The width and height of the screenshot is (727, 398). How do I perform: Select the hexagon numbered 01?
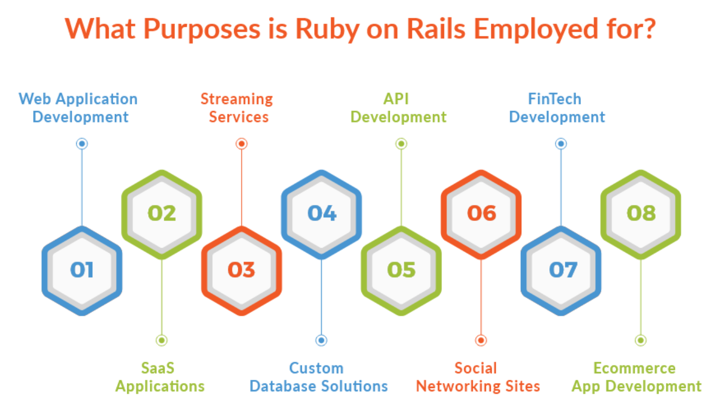point(82,270)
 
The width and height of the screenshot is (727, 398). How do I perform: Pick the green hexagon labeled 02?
point(162,213)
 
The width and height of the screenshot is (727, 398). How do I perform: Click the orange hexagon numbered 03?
point(242,270)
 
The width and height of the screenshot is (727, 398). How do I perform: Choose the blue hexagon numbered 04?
point(322,213)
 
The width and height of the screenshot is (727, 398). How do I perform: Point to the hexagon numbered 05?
point(401,270)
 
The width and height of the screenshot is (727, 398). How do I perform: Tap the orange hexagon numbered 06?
point(481,213)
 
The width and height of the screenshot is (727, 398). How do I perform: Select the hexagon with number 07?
point(561,270)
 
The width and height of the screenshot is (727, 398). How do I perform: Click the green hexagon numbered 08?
point(641,213)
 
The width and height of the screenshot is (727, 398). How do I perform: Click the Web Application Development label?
point(79,108)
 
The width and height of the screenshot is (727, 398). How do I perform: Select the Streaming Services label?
point(237,108)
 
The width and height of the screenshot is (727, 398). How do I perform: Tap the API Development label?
point(398,108)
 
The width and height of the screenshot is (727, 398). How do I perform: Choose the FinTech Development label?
point(557,108)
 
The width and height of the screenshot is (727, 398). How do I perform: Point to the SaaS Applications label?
point(160,377)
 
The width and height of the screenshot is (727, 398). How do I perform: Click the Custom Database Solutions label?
point(318,377)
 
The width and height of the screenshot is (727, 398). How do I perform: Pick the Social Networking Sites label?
point(478,377)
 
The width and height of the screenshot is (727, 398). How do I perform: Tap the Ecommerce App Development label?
point(636,377)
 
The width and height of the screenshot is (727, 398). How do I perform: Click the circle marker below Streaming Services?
point(242,144)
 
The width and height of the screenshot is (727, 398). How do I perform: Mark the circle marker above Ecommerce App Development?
point(641,340)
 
